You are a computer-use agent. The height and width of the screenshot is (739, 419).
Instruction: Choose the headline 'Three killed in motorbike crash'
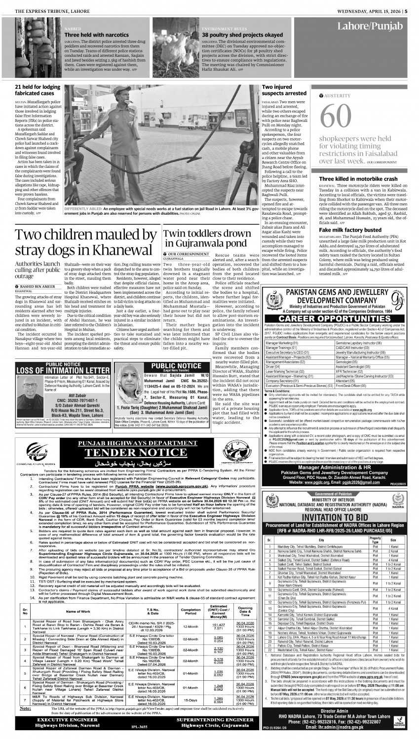point(358,179)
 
